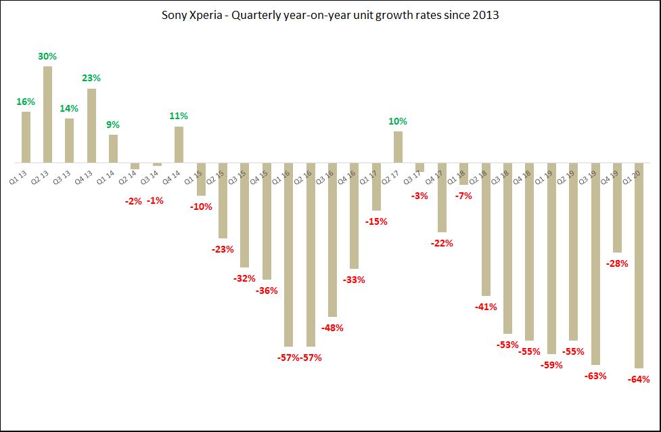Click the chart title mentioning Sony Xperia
pos(330,15)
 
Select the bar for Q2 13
pos(48,114)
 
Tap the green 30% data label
pos(47,56)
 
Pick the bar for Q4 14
pos(179,145)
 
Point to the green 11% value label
pos(179,116)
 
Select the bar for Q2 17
pos(398,147)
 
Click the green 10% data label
pos(398,121)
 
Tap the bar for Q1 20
pos(639,265)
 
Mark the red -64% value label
pos(639,379)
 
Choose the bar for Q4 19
pos(617,207)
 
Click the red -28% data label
pos(617,263)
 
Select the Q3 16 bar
pos(332,240)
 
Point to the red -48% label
pos(332,328)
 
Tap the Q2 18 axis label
pos(479,178)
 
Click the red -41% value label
pos(486,307)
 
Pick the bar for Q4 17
pos(442,198)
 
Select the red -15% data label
pos(376,221)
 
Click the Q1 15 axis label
pos(194,178)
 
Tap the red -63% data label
pos(595,376)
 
